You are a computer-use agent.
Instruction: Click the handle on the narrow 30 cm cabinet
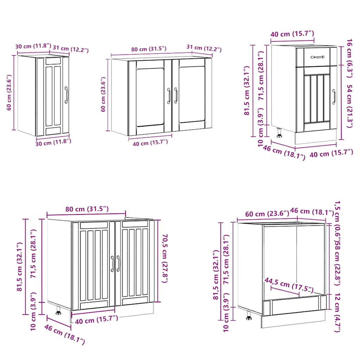(x=66, y=95)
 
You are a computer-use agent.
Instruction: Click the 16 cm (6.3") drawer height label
(x=350, y=59)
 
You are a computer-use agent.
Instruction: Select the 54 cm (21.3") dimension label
(x=350, y=106)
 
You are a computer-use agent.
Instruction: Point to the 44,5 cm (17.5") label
(x=289, y=285)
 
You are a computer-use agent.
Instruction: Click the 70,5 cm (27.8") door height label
(x=165, y=258)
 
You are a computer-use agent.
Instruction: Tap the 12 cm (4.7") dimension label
(x=337, y=313)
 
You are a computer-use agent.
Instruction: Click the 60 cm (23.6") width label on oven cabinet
(x=267, y=213)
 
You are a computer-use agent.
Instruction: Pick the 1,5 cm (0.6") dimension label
(x=337, y=221)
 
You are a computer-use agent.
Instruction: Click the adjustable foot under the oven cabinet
(x=249, y=316)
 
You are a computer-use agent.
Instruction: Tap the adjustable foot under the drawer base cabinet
(x=279, y=133)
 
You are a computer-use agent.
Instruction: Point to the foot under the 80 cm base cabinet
(x=58, y=310)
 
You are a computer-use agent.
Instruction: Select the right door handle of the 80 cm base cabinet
(x=118, y=263)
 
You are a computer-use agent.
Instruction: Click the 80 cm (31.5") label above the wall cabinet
(x=149, y=49)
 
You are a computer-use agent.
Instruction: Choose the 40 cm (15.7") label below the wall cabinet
(x=150, y=143)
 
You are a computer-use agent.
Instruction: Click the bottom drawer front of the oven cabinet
(x=295, y=305)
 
